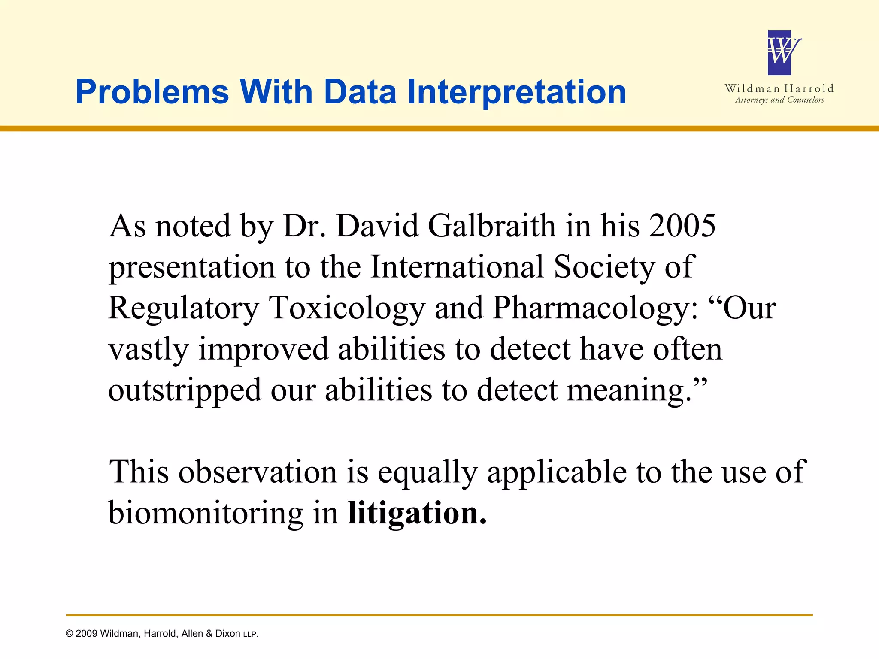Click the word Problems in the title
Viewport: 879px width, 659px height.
pos(152,92)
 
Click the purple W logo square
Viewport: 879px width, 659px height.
pos(779,53)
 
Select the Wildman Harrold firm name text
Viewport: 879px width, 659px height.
pos(779,89)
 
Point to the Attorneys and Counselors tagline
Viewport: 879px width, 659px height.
pos(779,100)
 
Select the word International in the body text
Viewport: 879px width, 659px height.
pos(457,267)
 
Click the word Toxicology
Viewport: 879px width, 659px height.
pos(346,308)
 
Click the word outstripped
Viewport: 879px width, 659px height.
pos(185,390)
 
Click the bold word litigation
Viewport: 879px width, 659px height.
pos(417,513)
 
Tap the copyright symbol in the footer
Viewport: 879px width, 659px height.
pos(70,634)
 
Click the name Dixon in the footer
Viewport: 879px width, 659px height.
pos(227,634)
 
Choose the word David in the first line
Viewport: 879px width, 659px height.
pos(376,226)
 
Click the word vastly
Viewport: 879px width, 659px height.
pos(148,349)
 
